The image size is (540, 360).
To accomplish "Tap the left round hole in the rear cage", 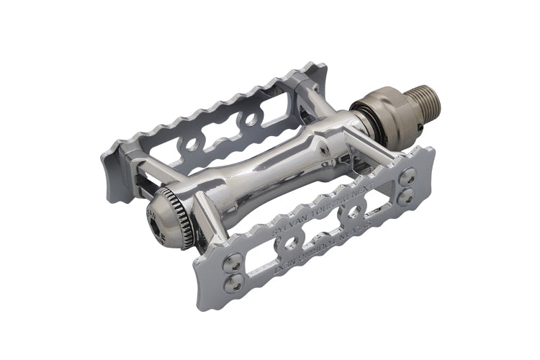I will (192, 145).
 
